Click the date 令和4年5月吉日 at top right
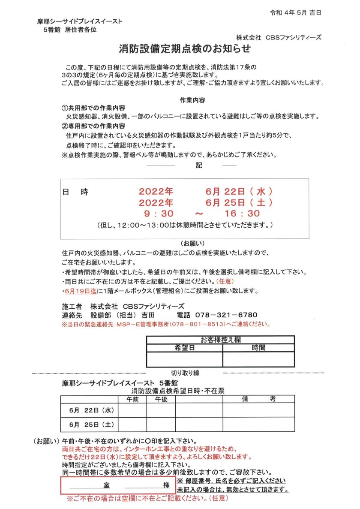295,12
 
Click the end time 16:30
242,213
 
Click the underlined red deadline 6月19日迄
80,291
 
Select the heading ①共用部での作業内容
93,108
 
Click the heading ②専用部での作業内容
93,126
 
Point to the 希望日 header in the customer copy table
184,348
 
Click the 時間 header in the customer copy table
258,348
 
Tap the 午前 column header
132,399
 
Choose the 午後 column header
161,399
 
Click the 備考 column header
258,399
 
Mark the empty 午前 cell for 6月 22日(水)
132,410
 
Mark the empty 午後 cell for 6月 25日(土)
161,424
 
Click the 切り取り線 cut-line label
185,373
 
